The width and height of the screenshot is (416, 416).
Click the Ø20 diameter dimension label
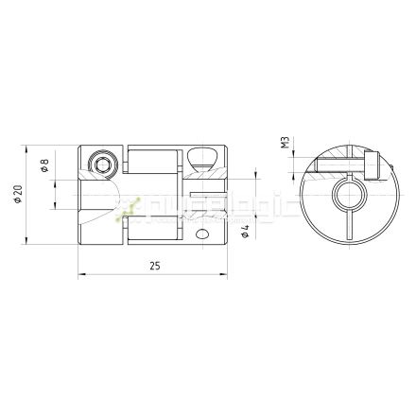click(19, 195)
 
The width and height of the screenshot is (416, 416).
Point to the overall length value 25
click(153, 268)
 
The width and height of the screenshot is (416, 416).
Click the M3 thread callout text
click(285, 143)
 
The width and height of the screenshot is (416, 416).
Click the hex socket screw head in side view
click(103, 166)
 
